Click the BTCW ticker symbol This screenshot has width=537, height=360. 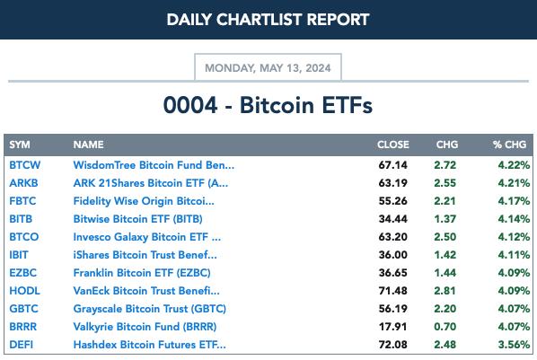point(24,165)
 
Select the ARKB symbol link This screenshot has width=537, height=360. point(23,183)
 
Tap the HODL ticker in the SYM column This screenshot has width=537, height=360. point(24,291)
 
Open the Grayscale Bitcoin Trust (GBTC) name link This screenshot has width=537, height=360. point(150,309)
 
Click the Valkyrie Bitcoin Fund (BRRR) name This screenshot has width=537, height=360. point(145,327)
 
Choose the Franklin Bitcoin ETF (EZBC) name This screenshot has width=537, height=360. point(142,273)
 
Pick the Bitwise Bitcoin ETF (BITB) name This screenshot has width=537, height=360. point(137,219)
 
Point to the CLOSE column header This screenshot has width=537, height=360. point(393,145)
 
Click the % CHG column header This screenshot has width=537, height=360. point(509,145)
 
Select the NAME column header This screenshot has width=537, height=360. point(88,145)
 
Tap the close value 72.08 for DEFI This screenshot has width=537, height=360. point(392,344)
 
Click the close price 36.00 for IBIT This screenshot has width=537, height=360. point(392,255)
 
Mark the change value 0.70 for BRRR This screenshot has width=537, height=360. point(445,327)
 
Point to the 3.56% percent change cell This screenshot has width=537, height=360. point(514,344)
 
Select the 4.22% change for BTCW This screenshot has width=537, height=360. point(514,165)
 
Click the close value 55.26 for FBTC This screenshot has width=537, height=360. point(392,201)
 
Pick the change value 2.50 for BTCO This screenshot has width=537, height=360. point(445,237)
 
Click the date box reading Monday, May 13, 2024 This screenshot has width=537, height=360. point(268,67)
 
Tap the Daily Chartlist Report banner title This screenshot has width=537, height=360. point(268,20)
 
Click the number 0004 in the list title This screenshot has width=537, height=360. point(190,105)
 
